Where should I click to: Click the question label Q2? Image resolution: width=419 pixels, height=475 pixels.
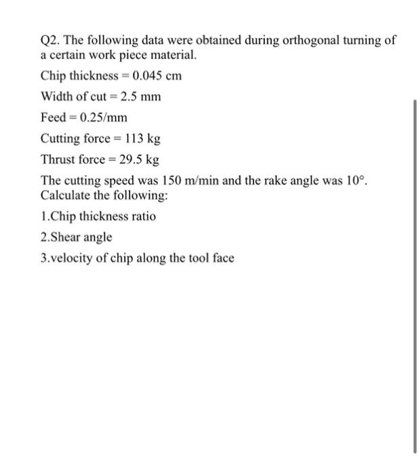pos(50,41)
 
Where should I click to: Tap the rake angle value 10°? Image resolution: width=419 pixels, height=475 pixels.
pos(355,182)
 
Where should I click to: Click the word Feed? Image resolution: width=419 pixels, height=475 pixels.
pos(54,118)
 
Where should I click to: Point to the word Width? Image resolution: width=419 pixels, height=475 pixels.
pos(58,96)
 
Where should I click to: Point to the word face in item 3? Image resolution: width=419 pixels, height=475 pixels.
pos(222,259)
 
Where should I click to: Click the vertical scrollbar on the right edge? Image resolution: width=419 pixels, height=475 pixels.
pos(414,271)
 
